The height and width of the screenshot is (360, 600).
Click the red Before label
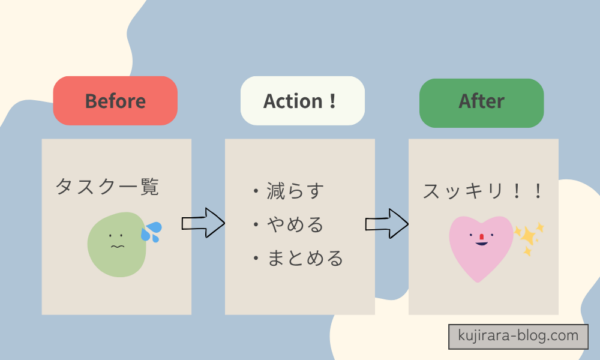[x=115, y=101]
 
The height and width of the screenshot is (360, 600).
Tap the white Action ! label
[x=302, y=101]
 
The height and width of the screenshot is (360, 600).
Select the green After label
[x=481, y=102]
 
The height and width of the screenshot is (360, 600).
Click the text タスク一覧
[x=107, y=186]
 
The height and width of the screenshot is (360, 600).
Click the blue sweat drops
[x=151, y=232]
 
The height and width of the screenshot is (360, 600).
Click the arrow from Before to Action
[x=202, y=222]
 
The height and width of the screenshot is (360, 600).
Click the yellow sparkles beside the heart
[x=528, y=237]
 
